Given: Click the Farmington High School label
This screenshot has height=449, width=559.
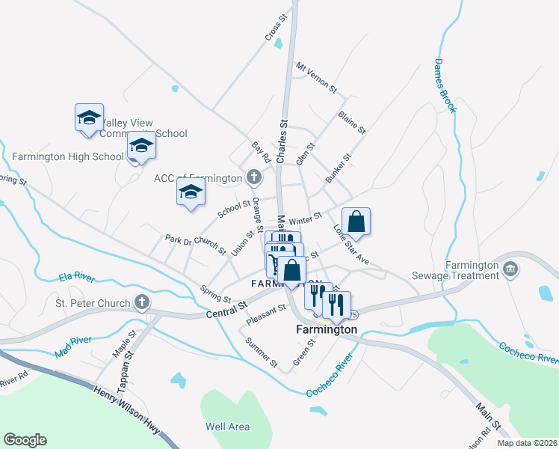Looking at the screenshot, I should coord(67,156).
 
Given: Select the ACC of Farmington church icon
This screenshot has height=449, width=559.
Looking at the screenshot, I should coord(254,177).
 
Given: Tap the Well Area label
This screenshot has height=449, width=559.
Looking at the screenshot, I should coord(228,427).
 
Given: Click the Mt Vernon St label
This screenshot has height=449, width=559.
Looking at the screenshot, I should coord(318,77).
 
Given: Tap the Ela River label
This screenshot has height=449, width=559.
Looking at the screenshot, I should coord(77,278).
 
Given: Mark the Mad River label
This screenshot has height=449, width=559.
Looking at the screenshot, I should coord(72,346).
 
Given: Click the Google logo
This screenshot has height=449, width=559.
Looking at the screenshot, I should coord(25,440).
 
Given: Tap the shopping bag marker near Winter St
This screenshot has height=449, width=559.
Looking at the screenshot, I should coord(356,222).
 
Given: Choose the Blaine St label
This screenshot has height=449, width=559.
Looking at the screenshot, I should coord(351,123).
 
